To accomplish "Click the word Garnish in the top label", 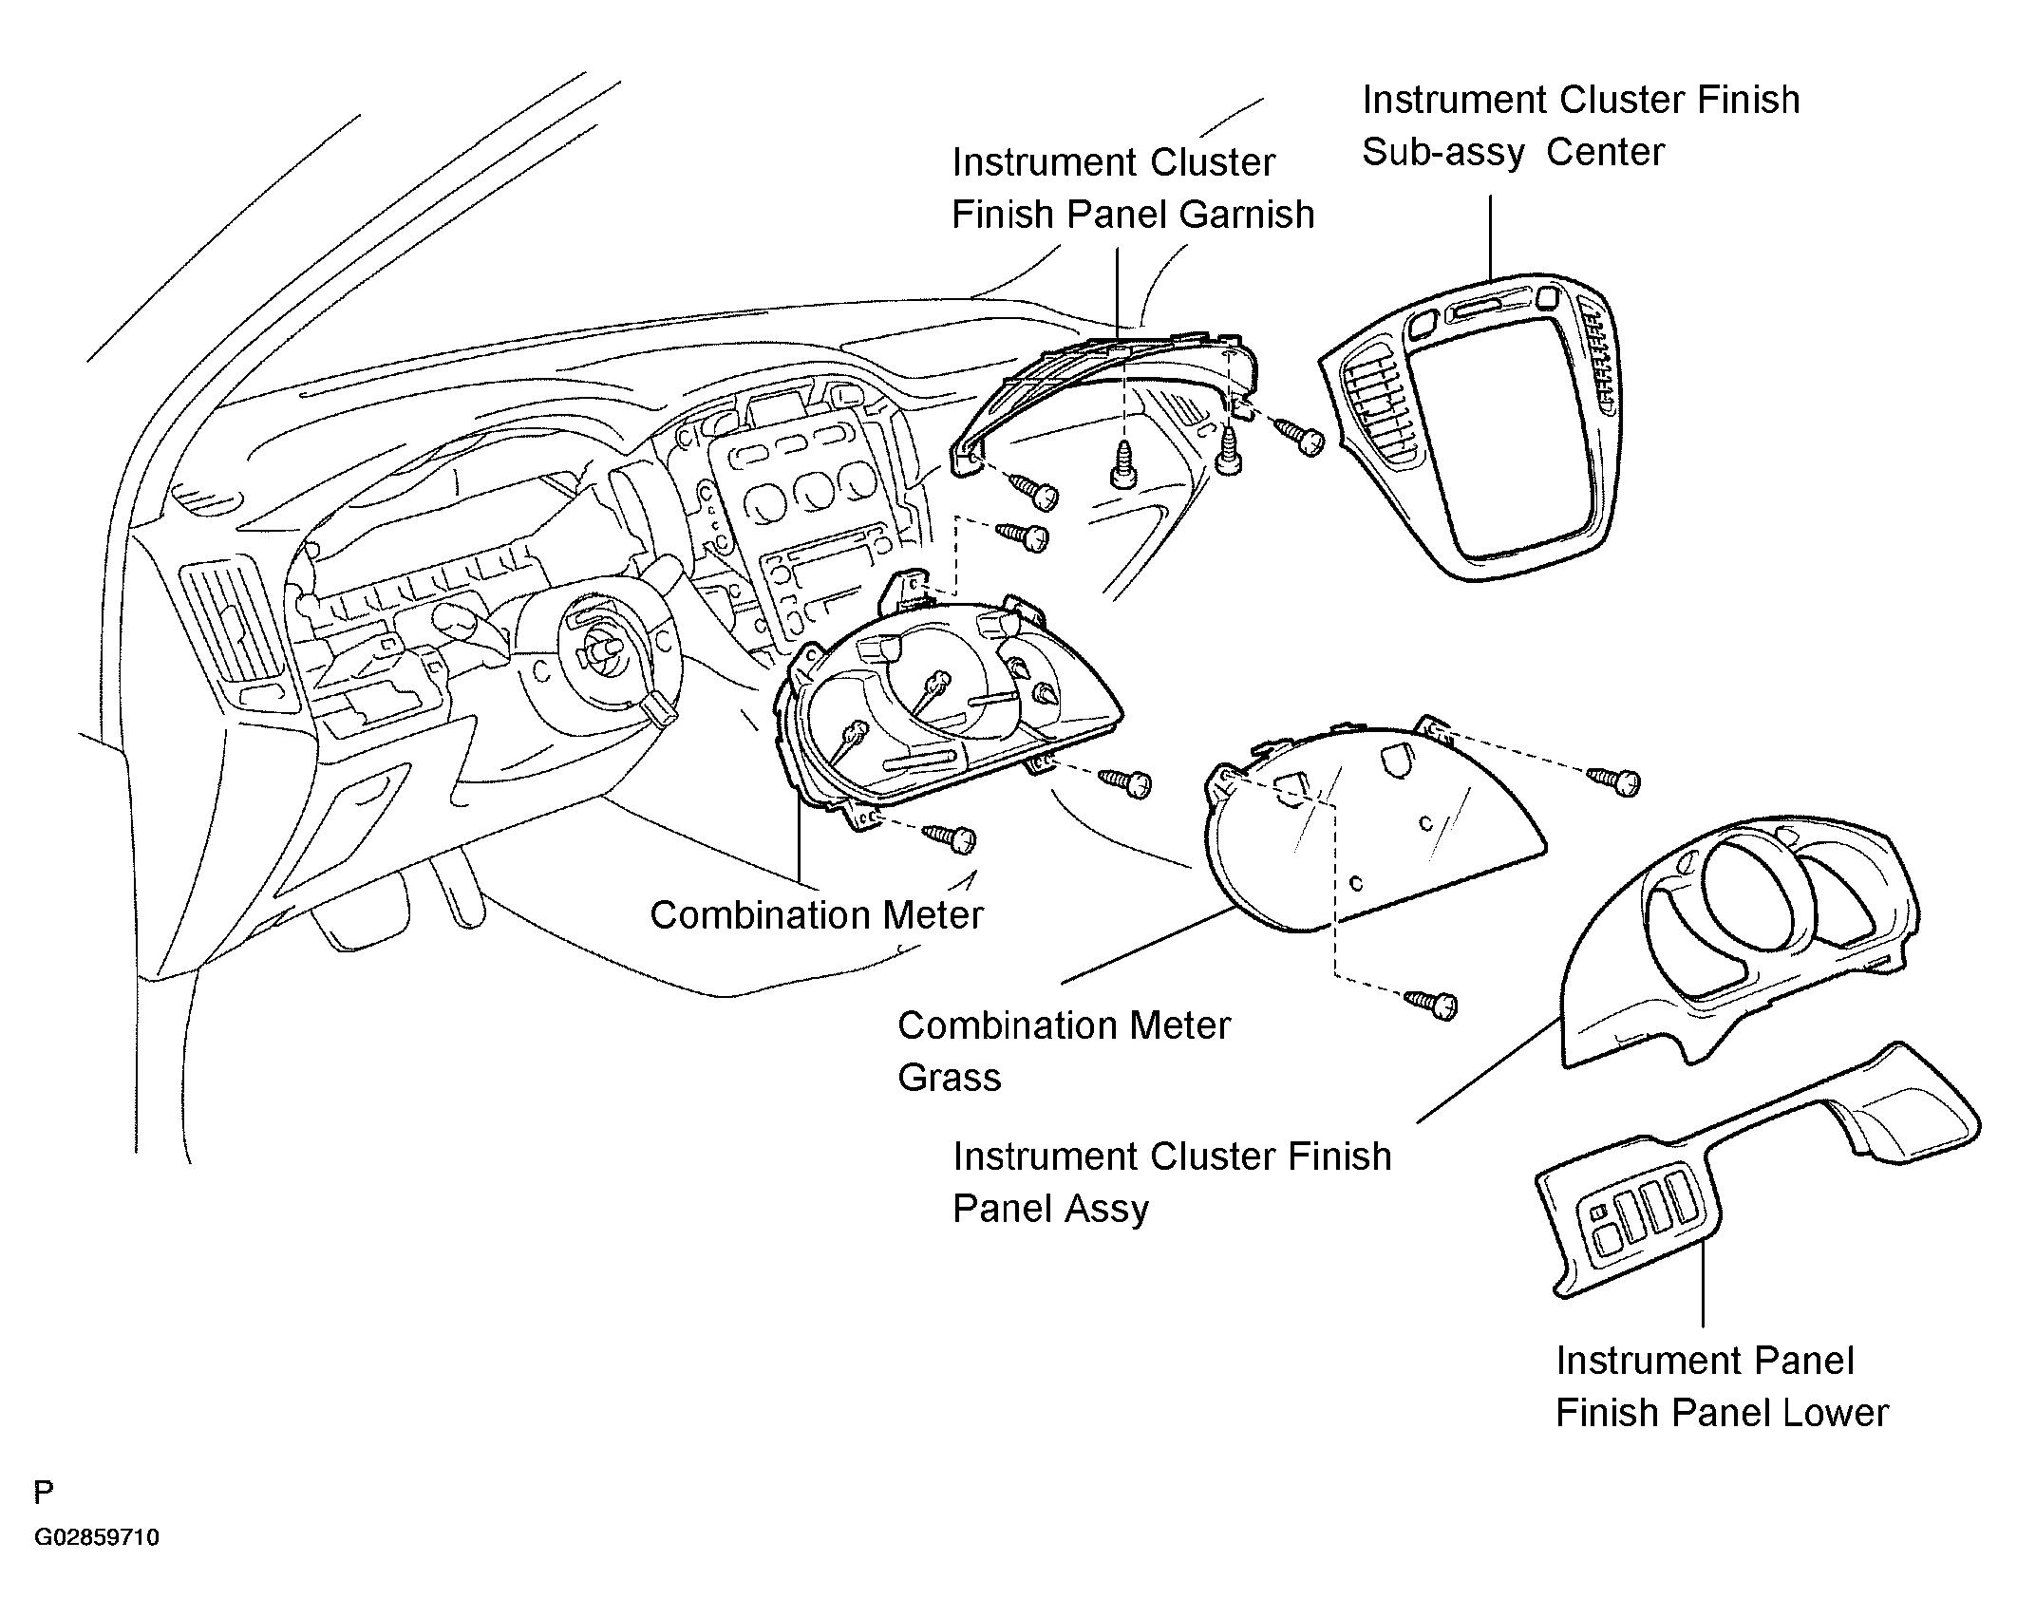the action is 1244,215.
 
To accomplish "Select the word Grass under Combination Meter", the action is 950,1078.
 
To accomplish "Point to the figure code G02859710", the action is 97,1564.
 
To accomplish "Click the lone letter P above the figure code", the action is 44,1494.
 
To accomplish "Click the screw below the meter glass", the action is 1431,1004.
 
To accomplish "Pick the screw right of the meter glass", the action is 1615,780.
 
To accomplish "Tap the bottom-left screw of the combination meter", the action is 949,837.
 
